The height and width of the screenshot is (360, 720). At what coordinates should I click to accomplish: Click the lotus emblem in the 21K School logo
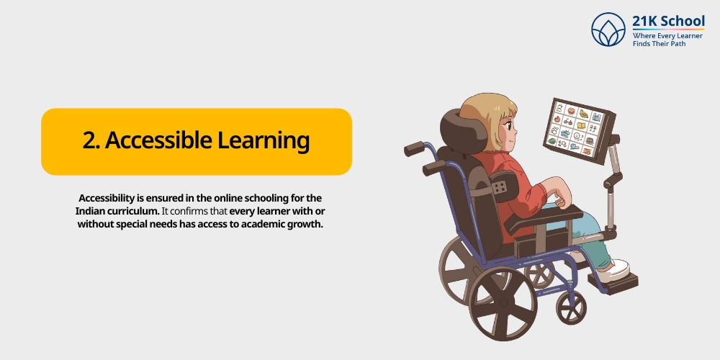tap(608, 30)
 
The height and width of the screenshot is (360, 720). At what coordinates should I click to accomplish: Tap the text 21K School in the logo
tap(668, 21)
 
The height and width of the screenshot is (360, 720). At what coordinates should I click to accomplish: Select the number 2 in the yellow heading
tap(89, 140)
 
